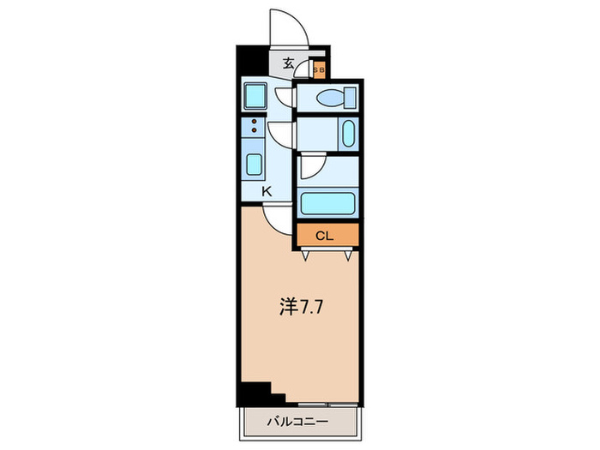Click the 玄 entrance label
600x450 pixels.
[289, 63]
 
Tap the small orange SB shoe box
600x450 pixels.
[318, 69]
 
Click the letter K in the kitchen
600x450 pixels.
[266, 192]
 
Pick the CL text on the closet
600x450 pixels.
[325, 235]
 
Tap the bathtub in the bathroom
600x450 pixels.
[329, 204]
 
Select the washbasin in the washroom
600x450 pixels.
[346, 135]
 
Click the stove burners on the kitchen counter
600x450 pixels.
[255, 128]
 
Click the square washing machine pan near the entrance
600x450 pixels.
[255, 95]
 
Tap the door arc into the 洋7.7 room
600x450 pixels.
[277, 222]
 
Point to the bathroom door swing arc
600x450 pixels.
[309, 166]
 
